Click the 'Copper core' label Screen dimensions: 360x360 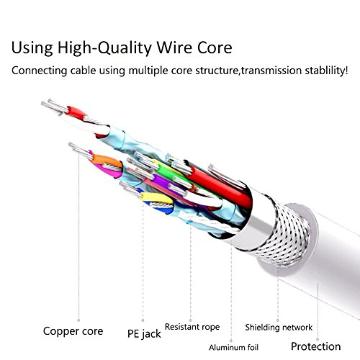[73, 331]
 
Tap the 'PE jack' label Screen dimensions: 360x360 [144, 333]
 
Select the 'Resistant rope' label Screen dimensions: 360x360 [192, 327]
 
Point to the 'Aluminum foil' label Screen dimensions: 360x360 [233, 347]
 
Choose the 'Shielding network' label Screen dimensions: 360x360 [279, 328]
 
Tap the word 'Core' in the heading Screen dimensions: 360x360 [215, 48]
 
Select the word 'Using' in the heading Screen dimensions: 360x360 [32, 48]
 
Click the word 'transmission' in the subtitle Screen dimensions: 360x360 [271, 71]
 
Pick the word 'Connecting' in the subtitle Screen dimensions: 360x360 [40, 71]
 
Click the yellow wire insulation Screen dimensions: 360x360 [156, 198]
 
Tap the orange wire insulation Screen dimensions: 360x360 [107, 160]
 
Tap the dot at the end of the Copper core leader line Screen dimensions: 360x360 [78, 320]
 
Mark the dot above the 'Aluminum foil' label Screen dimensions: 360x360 [231, 341]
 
